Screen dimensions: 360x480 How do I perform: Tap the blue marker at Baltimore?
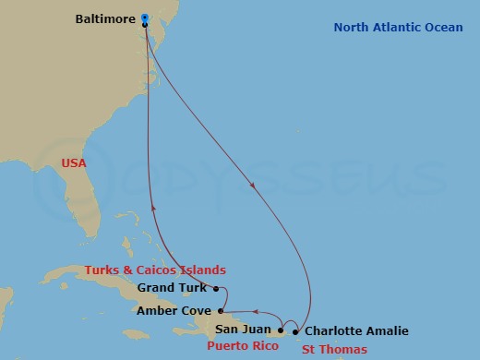click(146, 18)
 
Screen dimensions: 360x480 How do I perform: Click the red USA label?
click(73, 162)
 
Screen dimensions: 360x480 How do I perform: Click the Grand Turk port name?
click(172, 288)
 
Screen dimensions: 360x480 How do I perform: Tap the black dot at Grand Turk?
click(214, 288)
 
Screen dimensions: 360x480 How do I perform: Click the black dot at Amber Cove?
click(220, 311)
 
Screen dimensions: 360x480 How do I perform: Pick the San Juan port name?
click(243, 330)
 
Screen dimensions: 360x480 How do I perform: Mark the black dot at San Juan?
click(281, 330)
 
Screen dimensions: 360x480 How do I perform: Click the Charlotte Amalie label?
click(356, 330)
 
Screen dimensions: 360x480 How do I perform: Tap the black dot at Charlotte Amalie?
click(295, 330)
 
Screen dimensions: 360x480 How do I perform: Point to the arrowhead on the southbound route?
click(254, 186)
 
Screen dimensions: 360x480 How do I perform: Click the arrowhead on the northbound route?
click(153, 209)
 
